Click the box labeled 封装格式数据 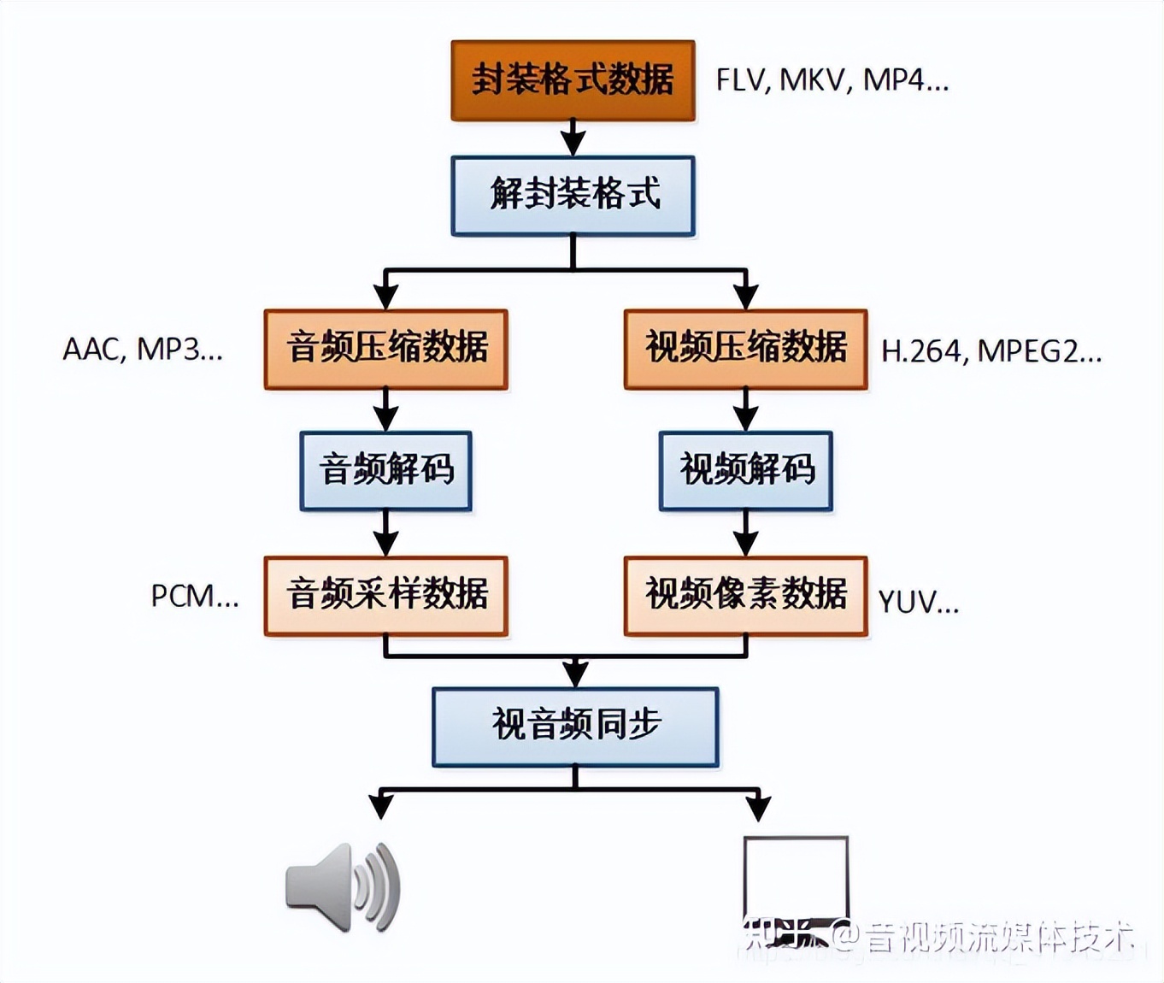573,80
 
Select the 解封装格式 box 573,196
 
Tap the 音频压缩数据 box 386,350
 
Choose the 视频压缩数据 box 745,350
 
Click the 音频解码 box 386,471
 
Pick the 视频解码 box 745,471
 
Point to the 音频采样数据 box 386,596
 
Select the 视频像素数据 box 745,596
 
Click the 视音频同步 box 575,727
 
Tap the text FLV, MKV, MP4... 832,80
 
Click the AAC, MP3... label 143,350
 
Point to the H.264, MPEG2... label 991,351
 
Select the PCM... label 195,597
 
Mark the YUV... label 919,603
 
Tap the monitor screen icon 796,880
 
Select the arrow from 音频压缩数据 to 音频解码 386,411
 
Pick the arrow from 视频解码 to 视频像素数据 745,534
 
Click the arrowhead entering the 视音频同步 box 575,674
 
